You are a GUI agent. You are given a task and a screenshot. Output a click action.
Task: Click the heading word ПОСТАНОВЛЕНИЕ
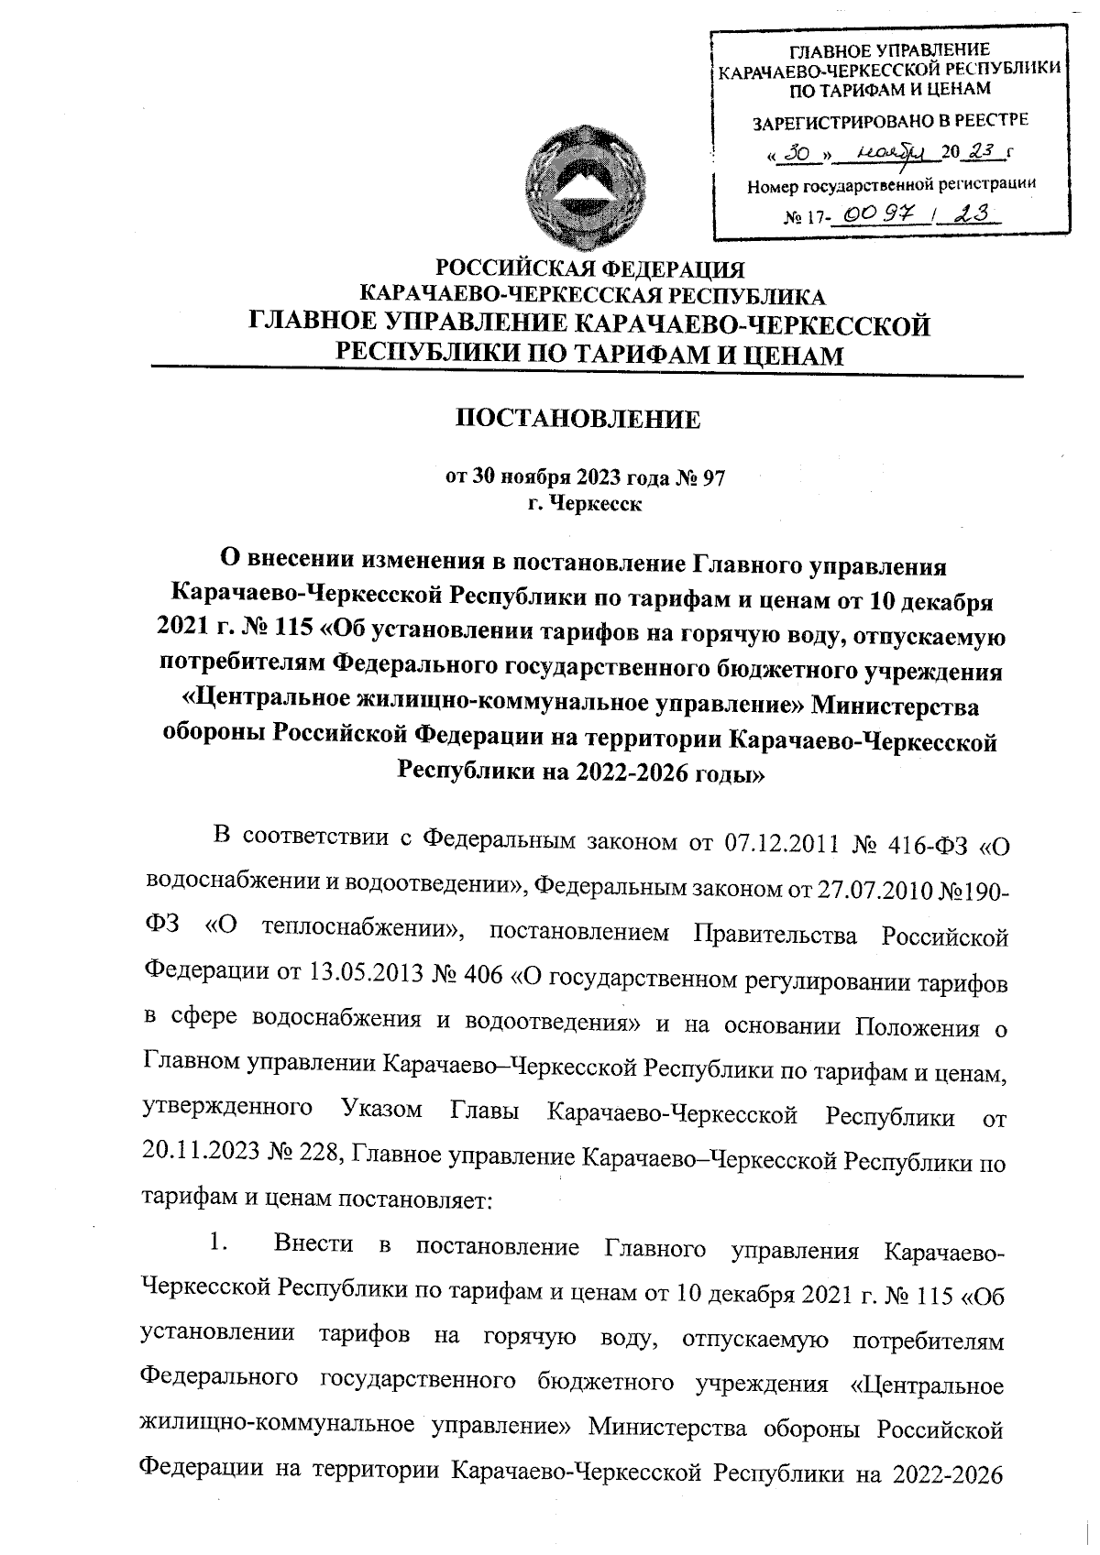(578, 421)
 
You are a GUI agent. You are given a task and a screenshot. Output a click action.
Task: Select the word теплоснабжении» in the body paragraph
(363, 932)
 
